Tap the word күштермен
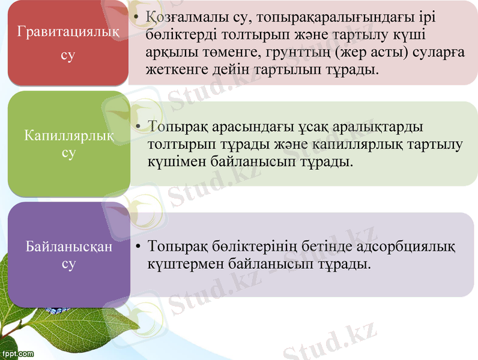pos(179,264)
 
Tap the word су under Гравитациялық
pos(68,56)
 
